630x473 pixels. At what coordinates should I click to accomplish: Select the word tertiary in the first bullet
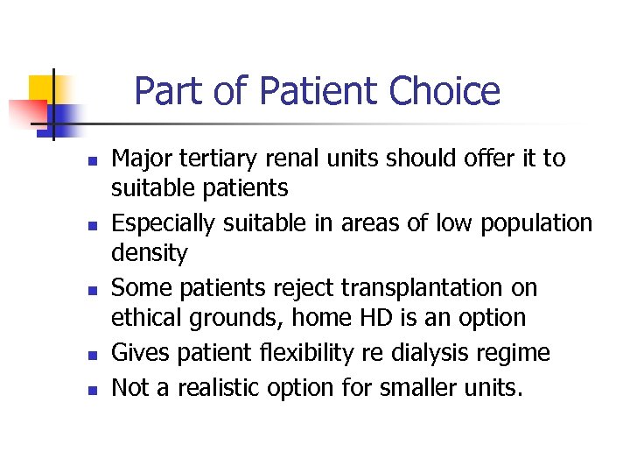221,159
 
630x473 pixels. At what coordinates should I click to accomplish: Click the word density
150,254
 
